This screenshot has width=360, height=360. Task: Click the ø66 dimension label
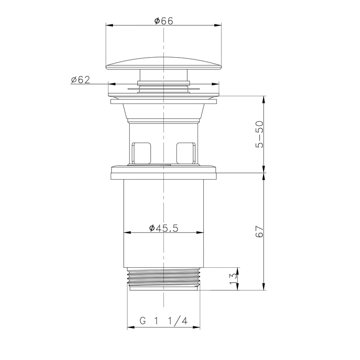point(164,20)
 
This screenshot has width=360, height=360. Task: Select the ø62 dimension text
point(81,80)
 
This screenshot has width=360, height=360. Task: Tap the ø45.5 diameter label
point(164,228)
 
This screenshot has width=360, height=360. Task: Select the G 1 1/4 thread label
point(163,321)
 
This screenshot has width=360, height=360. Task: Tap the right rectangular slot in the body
point(187,153)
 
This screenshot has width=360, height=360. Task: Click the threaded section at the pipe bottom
point(164,279)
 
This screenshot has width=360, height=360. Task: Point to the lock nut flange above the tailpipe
point(164,172)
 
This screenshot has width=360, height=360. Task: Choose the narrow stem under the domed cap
point(164,76)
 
